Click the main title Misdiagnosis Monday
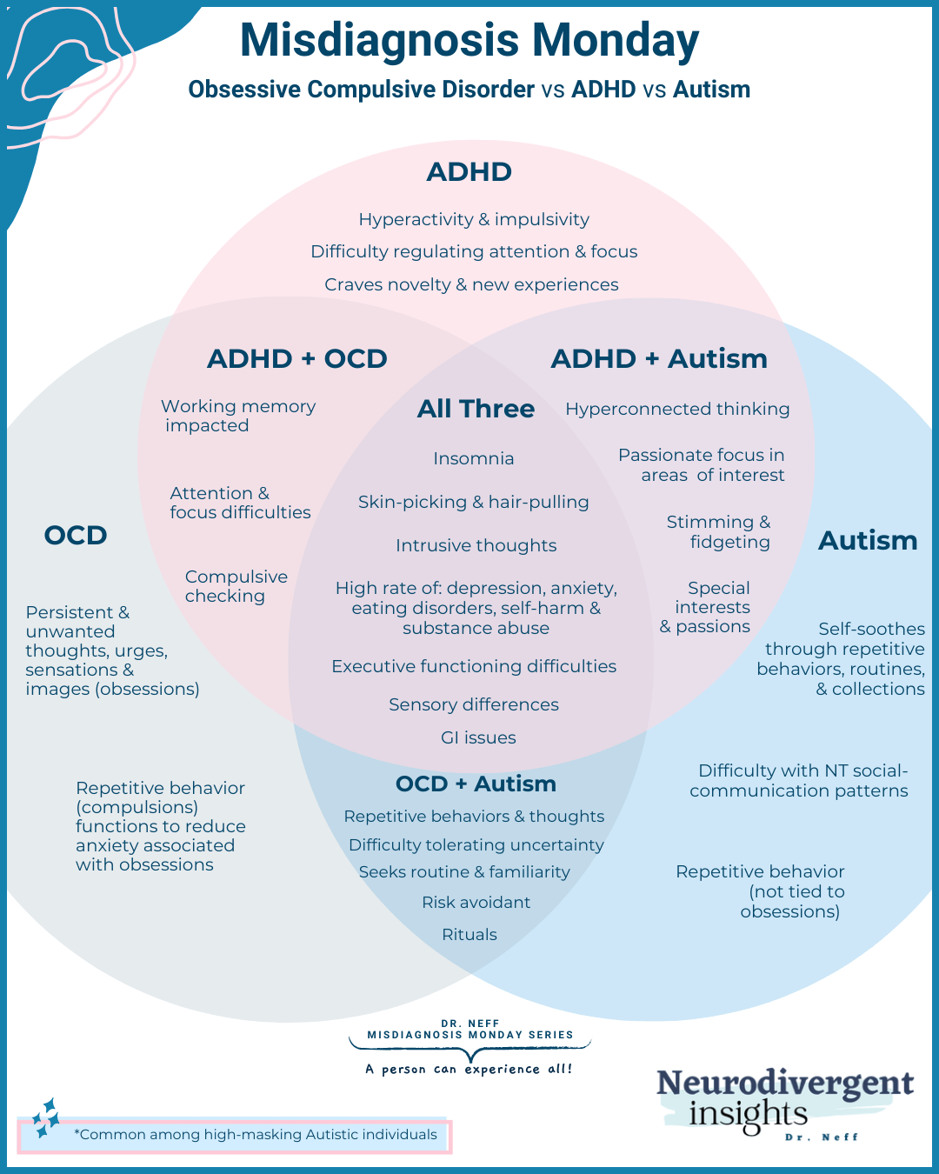click(x=469, y=40)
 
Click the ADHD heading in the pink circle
click(x=469, y=171)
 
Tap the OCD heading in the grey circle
click(x=76, y=535)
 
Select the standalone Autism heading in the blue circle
click(x=868, y=541)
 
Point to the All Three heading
click(x=476, y=409)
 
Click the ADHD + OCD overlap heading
click(x=297, y=358)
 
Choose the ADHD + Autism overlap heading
click(x=659, y=358)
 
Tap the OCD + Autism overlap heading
click(x=476, y=784)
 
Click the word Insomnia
click(x=474, y=458)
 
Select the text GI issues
click(x=478, y=737)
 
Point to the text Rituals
click(x=469, y=934)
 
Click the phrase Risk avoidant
click(x=476, y=902)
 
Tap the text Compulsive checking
click(x=236, y=586)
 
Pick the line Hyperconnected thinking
click(x=677, y=409)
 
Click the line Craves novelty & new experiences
click(x=471, y=284)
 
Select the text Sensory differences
click(x=474, y=704)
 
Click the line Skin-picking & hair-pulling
click(x=474, y=502)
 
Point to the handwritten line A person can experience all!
click(x=469, y=1069)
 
